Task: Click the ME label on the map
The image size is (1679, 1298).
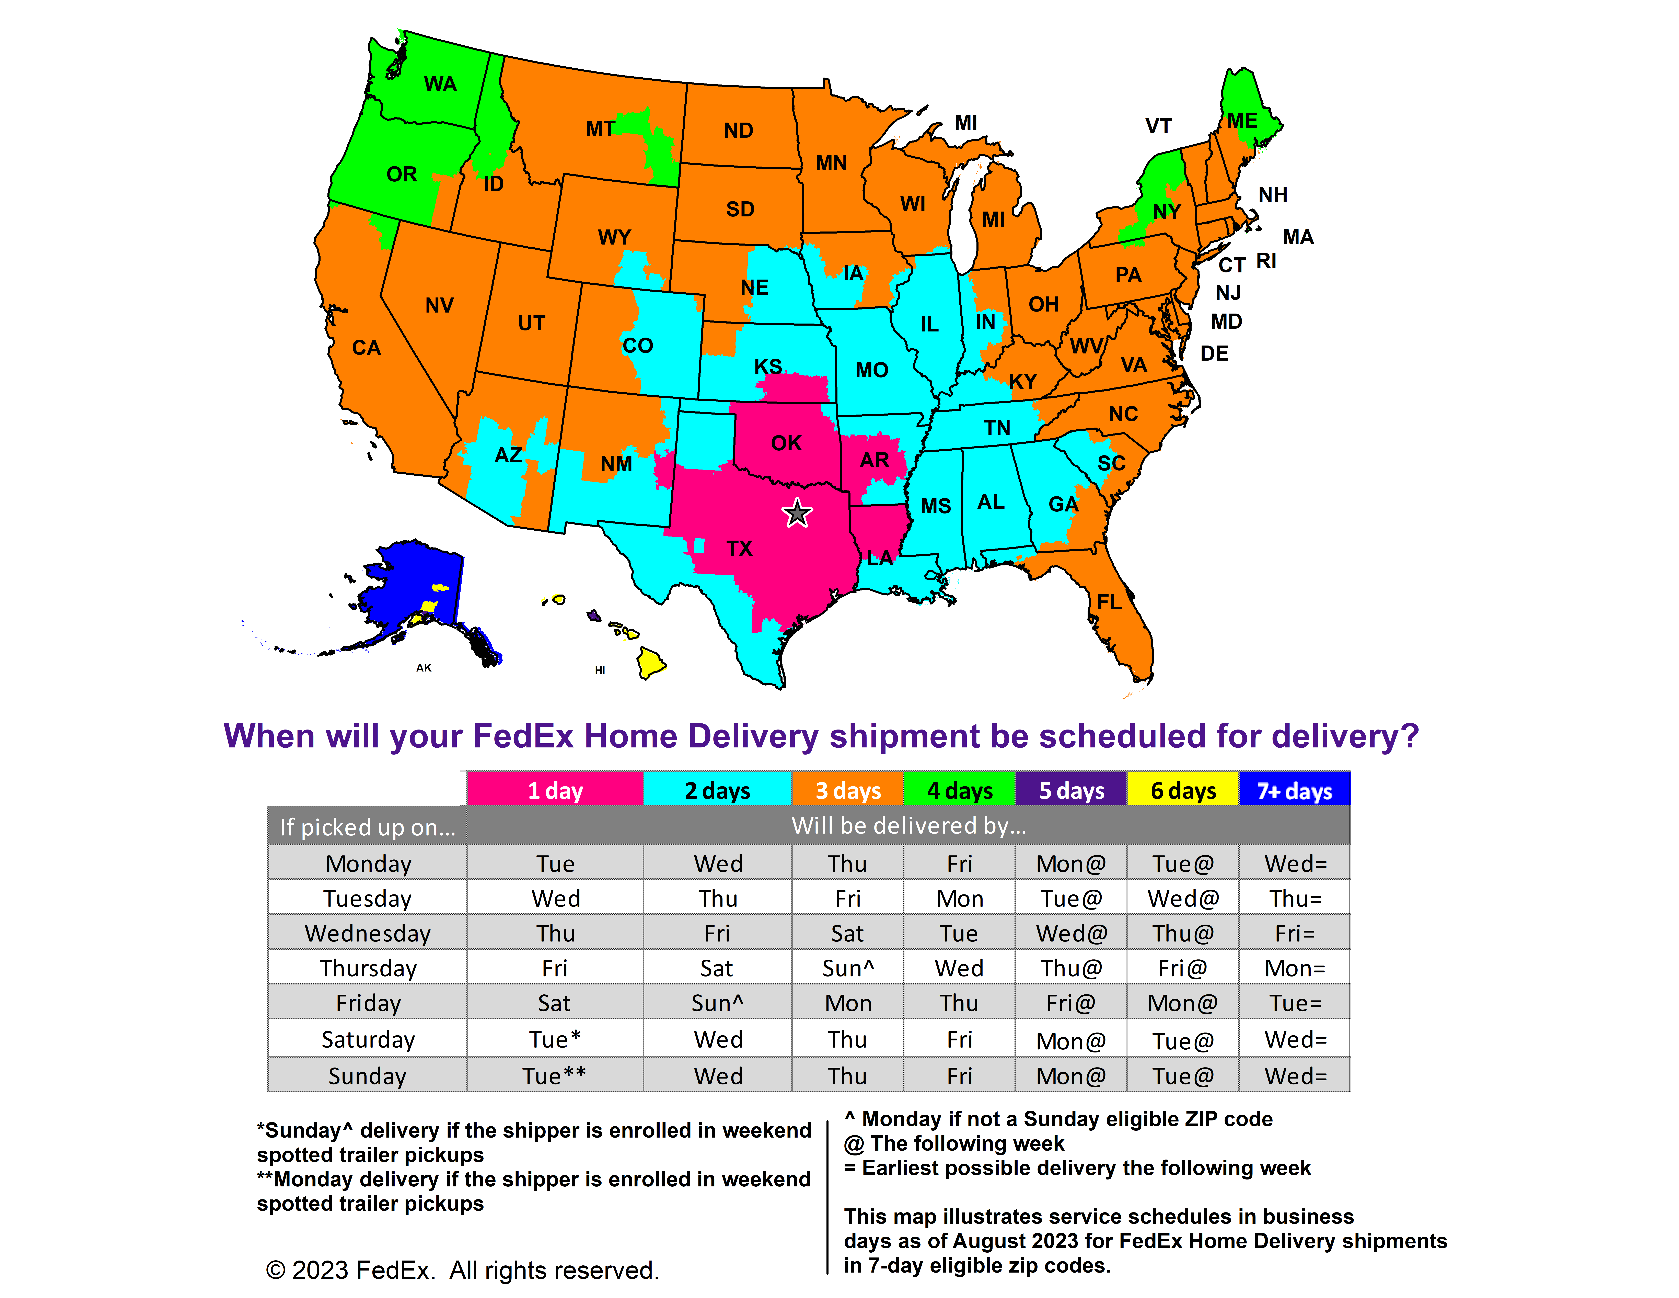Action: click(1242, 121)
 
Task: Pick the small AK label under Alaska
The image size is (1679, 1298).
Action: click(424, 667)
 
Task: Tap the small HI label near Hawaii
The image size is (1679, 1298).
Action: click(600, 670)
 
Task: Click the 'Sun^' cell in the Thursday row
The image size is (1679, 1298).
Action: click(847, 968)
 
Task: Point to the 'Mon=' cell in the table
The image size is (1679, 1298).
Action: click(1295, 968)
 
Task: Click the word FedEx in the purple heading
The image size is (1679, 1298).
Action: click(523, 736)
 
